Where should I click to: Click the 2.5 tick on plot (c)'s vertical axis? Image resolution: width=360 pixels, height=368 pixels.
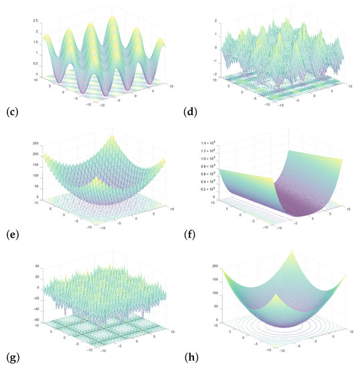pos(35,21)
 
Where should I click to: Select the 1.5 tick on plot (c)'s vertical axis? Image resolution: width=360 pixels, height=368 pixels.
pos(35,43)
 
